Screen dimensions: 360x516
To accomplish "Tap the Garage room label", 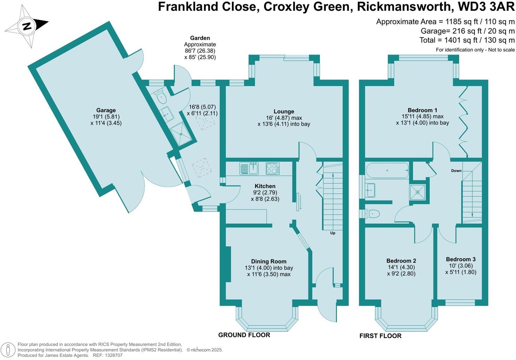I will [x=106, y=111].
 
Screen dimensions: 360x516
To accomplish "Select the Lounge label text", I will [x=284, y=112].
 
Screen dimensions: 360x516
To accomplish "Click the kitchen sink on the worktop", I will [x=249, y=168].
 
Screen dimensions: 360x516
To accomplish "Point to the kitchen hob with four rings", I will [x=273, y=168].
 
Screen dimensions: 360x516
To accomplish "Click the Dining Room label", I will [x=269, y=261].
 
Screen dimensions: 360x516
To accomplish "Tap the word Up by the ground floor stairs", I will [x=333, y=233].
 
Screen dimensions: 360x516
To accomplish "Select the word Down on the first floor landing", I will [x=456, y=171].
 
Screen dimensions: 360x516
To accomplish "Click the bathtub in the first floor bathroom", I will [x=387, y=171].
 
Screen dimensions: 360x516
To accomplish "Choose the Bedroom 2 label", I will [x=401, y=261].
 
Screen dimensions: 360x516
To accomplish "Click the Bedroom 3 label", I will [x=461, y=259].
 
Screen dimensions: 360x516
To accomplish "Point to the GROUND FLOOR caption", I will [x=244, y=335].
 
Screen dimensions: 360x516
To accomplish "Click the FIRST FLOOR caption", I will [x=380, y=336].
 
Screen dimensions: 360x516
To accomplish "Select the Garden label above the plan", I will [x=200, y=38].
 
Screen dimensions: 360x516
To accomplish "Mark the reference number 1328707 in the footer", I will [x=111, y=355].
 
